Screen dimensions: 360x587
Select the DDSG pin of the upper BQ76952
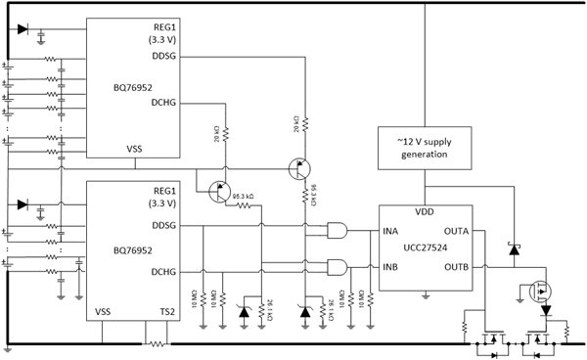pos(161,56)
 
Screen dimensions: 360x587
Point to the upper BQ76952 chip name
pos(131,86)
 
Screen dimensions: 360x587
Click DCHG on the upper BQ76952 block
pos(161,101)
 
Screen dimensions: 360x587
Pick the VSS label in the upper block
pos(134,148)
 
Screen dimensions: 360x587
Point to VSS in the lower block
pos(103,311)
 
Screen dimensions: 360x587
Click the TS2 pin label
pos(166,311)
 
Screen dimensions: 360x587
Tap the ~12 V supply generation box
pos(425,148)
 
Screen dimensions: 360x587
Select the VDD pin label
pos(425,212)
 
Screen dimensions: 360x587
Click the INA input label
pos(390,232)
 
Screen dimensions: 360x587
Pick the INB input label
pos(390,266)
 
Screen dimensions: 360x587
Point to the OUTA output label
pos(456,232)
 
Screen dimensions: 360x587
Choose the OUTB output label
pos(456,266)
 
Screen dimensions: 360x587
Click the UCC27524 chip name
pos(425,248)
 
